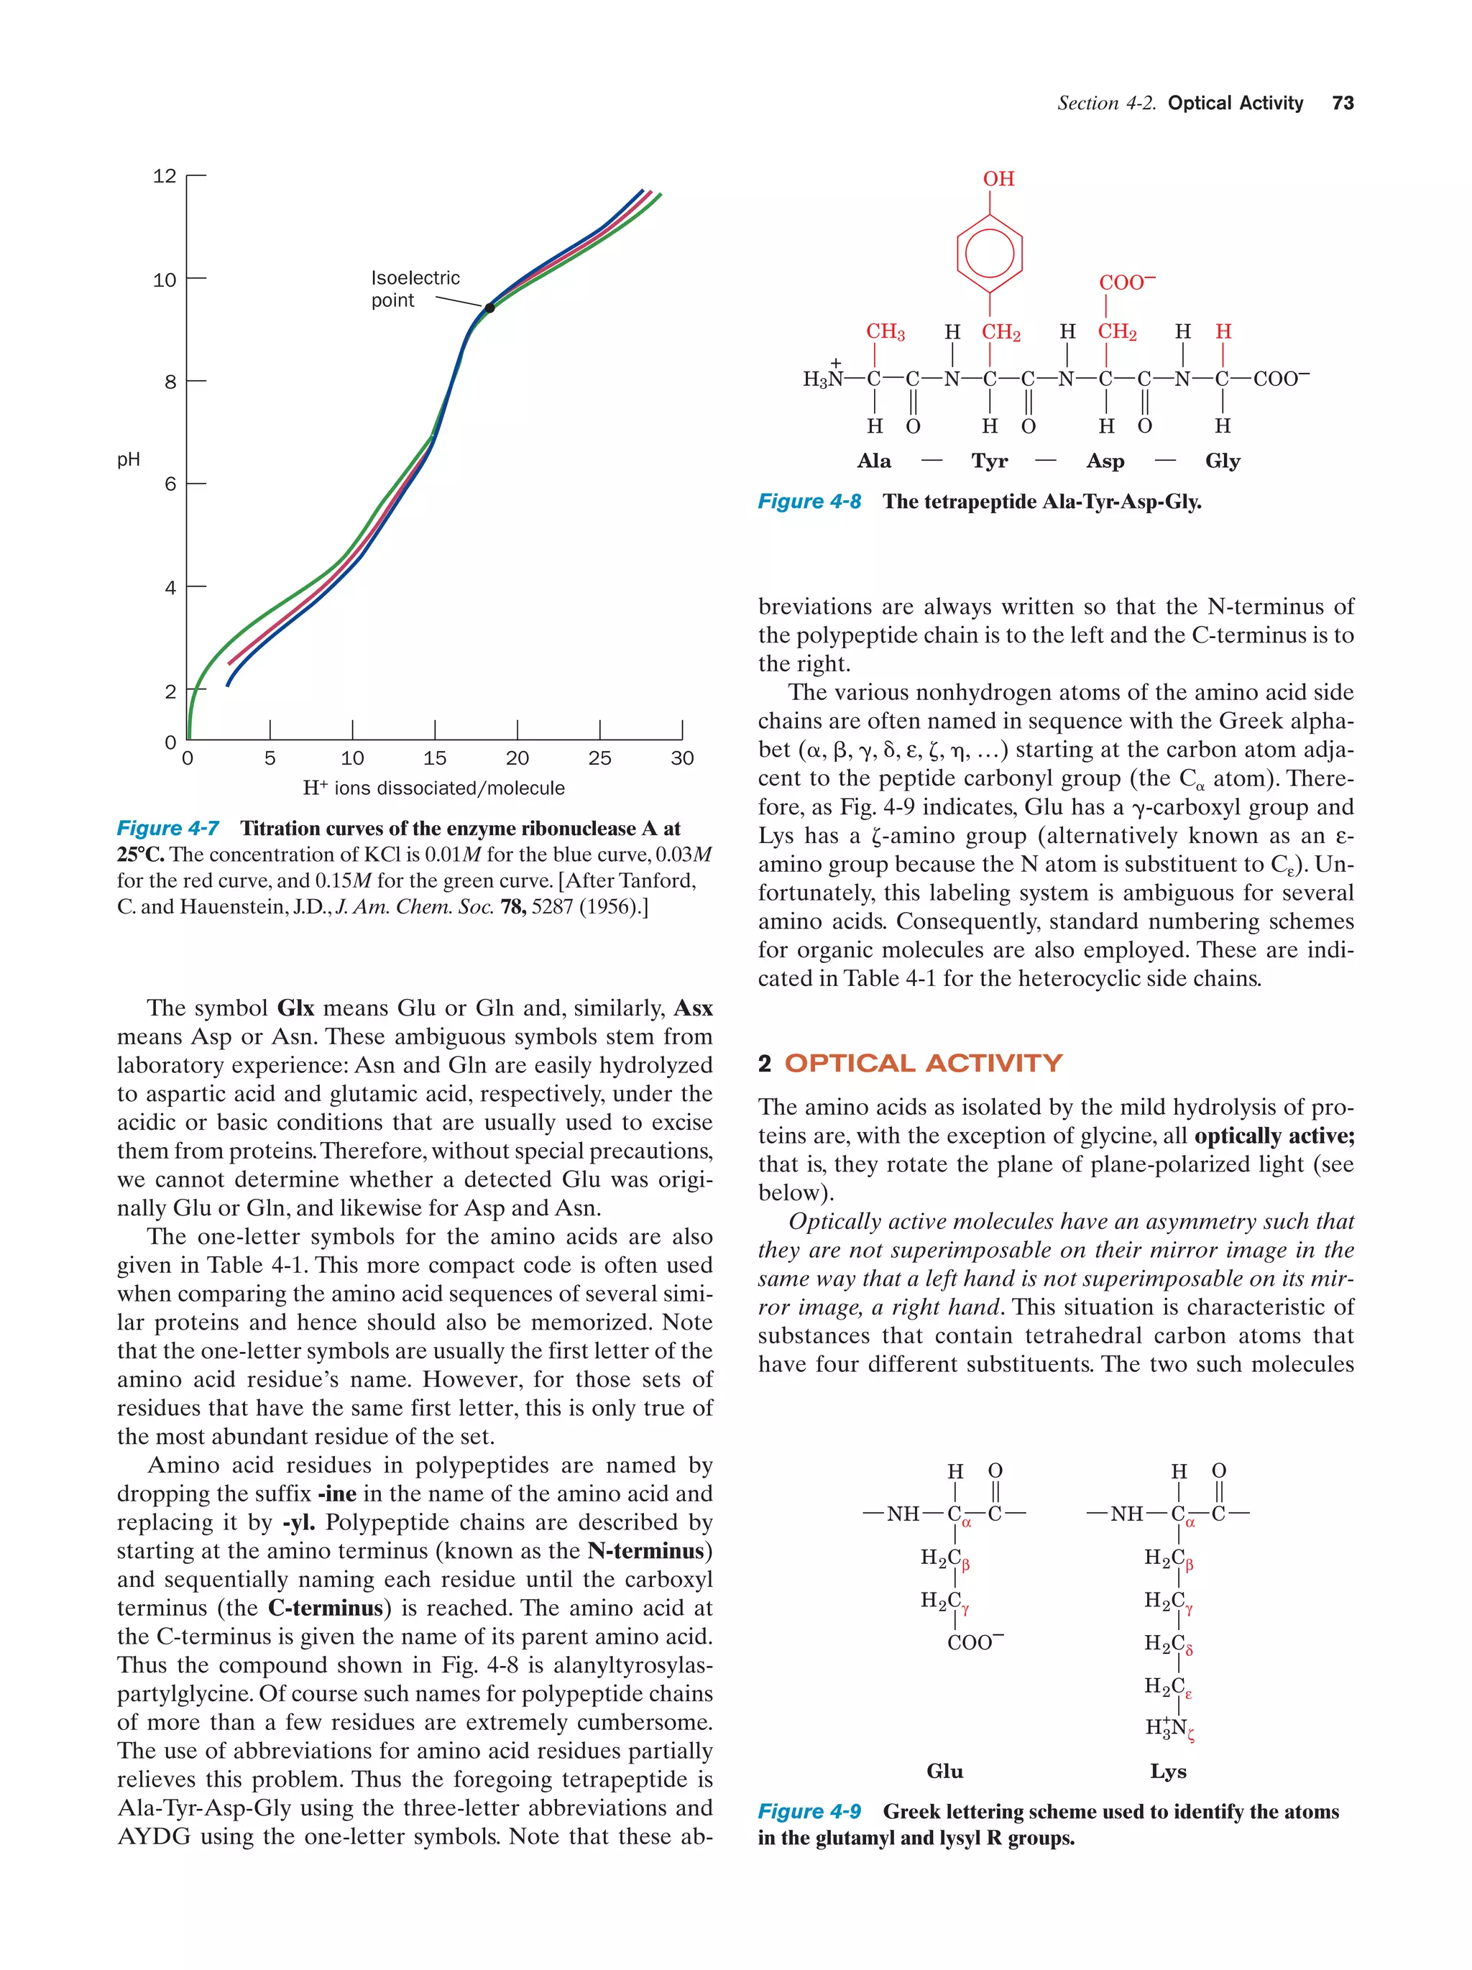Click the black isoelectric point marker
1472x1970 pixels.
[x=489, y=308]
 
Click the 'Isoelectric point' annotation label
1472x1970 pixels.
[x=414, y=288]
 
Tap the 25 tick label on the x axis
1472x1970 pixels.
[x=599, y=758]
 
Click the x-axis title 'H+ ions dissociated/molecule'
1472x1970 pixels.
[x=433, y=788]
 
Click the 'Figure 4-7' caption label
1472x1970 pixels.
[x=167, y=828]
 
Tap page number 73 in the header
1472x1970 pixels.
[x=1342, y=103]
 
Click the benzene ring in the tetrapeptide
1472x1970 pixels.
[x=988, y=254]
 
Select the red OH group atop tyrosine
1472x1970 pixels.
[x=998, y=179]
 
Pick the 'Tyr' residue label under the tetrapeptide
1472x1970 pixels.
[x=989, y=461]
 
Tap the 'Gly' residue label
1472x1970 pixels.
[x=1222, y=461]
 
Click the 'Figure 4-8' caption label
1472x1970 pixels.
[x=809, y=502]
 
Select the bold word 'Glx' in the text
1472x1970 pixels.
[x=295, y=1008]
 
